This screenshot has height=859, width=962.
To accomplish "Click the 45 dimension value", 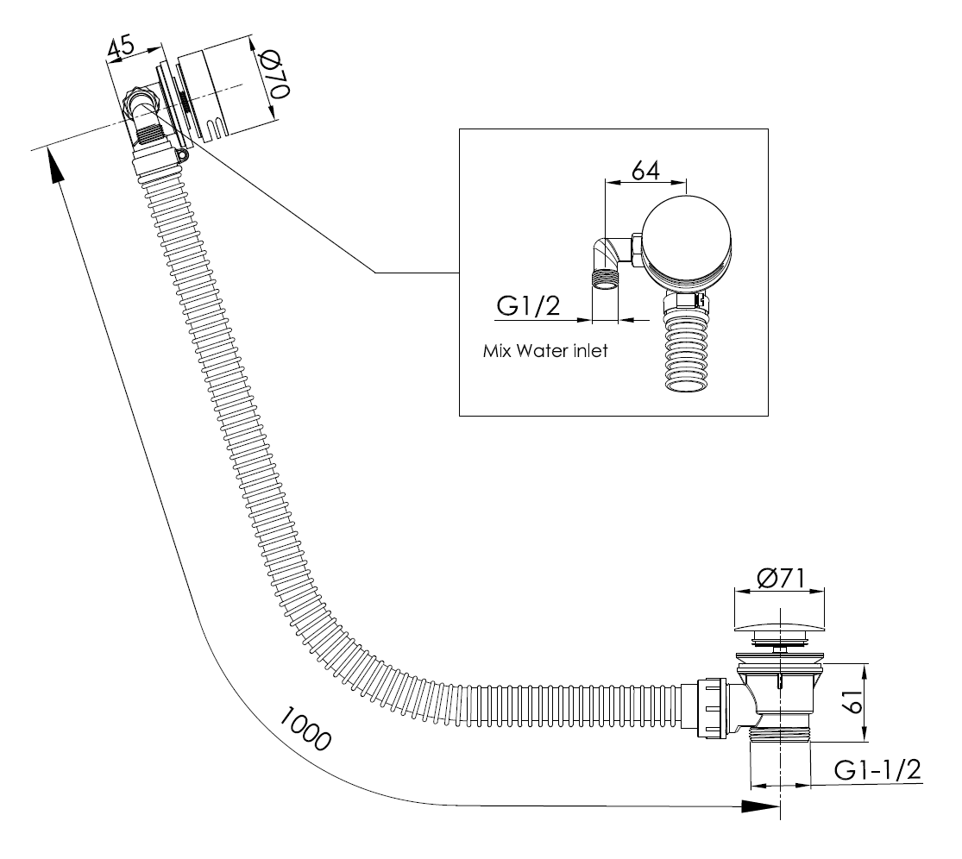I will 122,49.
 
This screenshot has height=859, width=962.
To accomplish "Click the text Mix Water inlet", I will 545,352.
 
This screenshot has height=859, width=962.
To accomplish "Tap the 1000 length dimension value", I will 305,730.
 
